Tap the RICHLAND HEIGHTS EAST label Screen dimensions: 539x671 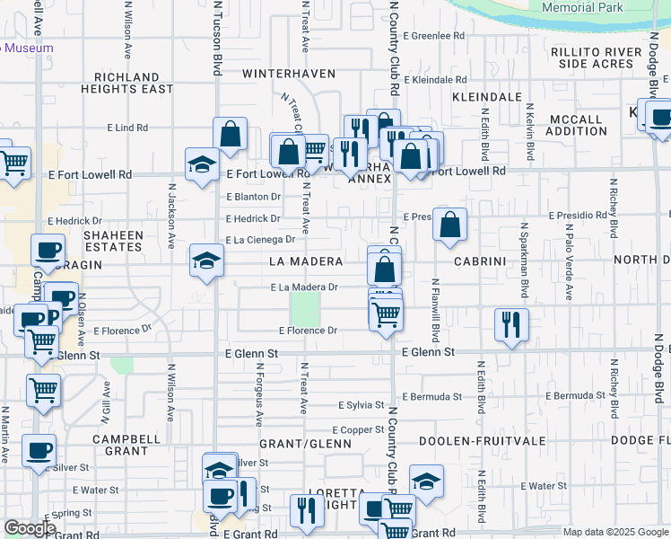pos(126,84)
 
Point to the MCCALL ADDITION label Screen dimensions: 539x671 pos(576,125)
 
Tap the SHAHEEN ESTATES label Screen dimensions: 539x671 pos(114,241)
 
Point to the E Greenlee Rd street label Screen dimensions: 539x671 pos(434,37)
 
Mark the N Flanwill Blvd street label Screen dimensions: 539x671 pos(435,311)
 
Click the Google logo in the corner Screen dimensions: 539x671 pos(30,528)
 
